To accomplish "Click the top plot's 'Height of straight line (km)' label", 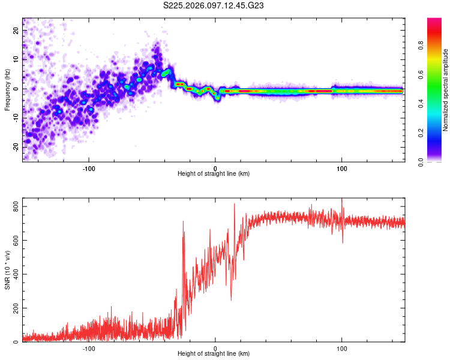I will (214, 174).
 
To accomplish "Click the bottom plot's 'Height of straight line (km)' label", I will (214, 354).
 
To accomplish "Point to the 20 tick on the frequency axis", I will (16, 30).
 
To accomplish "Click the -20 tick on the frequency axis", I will (16, 148).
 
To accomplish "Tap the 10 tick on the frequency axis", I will (16, 59).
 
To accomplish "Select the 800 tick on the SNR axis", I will (13, 206).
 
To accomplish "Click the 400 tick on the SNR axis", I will (13, 274).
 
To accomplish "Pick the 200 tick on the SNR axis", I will (13, 308).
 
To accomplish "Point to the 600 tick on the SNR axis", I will (13, 241).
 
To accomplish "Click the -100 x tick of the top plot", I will (89, 167).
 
